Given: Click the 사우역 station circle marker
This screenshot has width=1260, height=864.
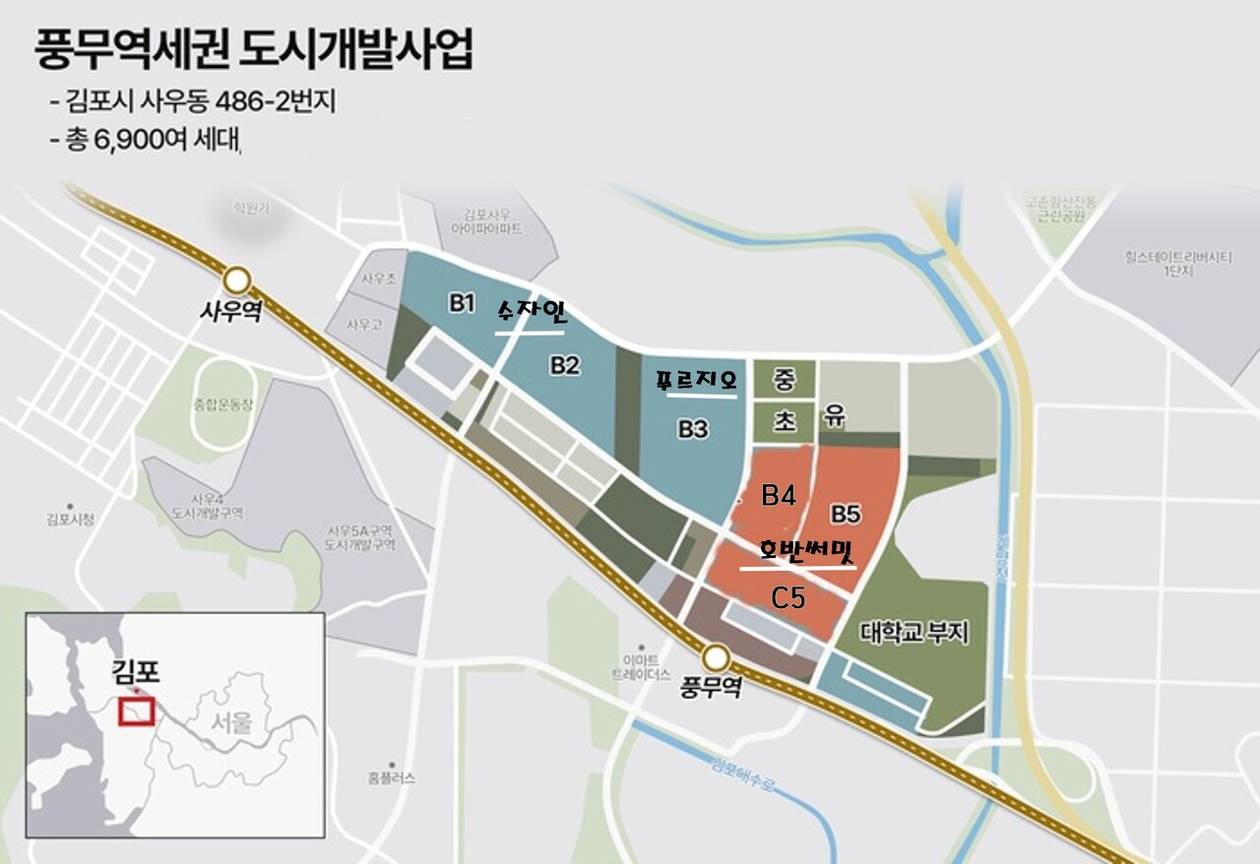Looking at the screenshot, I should pos(238,278).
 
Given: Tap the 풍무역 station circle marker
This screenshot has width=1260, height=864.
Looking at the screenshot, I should pos(716,656).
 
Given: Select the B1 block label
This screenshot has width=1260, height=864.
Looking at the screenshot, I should pos(463,303).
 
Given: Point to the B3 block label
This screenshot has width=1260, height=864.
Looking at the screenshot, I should pos(692,429).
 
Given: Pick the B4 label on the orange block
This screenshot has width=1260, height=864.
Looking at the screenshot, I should pos(779,495).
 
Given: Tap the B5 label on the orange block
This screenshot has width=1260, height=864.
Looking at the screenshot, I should pos(846,514).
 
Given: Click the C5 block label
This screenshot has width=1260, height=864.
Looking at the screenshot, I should pos(788,597).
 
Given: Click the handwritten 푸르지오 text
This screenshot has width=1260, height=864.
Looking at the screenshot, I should pos(696,383).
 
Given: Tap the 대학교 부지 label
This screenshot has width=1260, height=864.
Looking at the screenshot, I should pos(913,632).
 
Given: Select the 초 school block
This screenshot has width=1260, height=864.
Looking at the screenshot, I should pos(785,421).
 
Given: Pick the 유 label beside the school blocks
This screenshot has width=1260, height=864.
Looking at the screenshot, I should pos(836,418).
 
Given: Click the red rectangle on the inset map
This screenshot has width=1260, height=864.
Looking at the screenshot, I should pos(137,710).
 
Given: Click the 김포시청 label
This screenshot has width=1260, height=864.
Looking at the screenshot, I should pos(70,519).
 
